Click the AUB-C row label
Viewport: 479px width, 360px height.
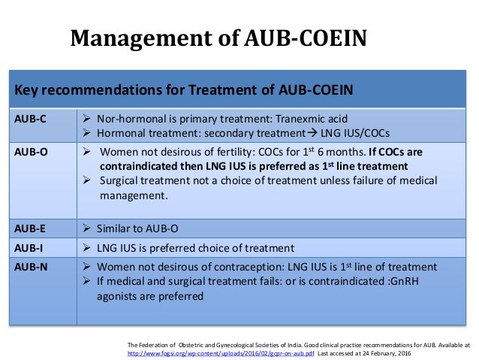pyautogui.click(x=31, y=119)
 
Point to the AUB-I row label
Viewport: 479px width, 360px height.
pyautogui.click(x=29, y=247)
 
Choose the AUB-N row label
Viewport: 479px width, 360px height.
pyautogui.click(x=32, y=267)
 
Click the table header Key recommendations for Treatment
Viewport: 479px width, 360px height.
pyautogui.click(x=185, y=91)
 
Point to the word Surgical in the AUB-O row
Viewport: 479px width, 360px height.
pyautogui.click(x=122, y=180)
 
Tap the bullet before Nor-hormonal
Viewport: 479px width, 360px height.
pyautogui.click(x=87, y=119)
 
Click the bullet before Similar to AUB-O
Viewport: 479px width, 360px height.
pyautogui.click(x=87, y=228)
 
